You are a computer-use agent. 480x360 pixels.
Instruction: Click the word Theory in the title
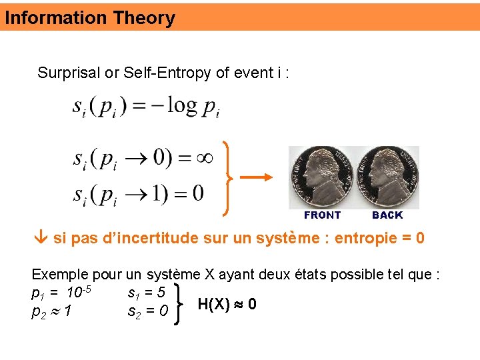[143, 18]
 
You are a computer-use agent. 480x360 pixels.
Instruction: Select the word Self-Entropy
[167, 73]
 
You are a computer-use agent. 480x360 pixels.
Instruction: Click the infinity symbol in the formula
[203, 158]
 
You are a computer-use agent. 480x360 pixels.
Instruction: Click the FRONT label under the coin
[322, 215]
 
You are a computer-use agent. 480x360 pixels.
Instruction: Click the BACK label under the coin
[387, 215]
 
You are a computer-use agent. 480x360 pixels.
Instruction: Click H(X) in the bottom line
[214, 305]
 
